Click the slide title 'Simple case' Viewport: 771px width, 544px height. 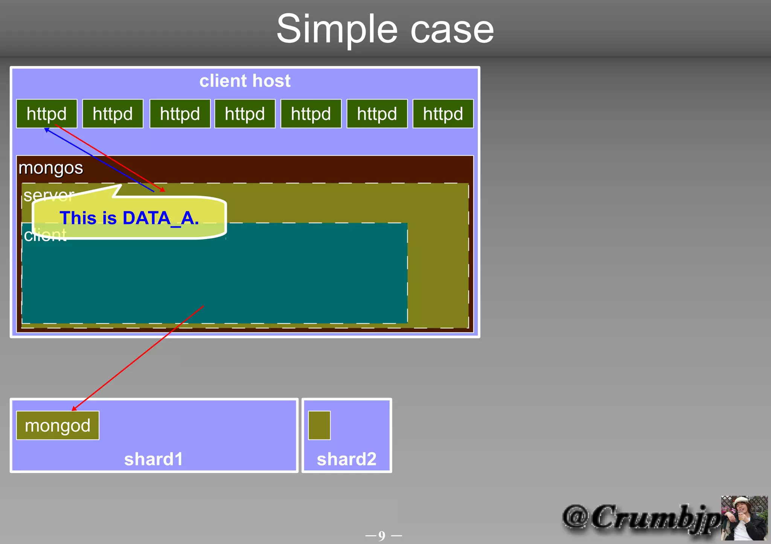(x=385, y=29)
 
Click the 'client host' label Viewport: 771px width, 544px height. (x=245, y=81)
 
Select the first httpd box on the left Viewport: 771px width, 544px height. (x=47, y=114)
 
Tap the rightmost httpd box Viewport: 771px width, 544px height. (x=443, y=114)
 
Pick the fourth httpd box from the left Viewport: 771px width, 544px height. (x=245, y=114)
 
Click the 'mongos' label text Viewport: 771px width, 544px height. (x=51, y=168)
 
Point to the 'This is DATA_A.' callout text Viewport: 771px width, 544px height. (x=129, y=218)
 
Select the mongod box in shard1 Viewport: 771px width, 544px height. (x=58, y=426)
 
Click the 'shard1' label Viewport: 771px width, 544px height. (x=154, y=459)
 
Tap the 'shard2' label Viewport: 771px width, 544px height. (x=346, y=459)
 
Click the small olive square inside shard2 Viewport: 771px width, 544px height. (x=319, y=425)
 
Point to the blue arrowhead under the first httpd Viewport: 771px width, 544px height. (x=46, y=130)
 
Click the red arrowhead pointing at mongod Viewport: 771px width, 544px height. (x=74, y=409)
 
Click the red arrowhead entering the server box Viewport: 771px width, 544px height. (x=163, y=190)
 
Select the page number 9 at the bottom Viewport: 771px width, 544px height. (x=382, y=535)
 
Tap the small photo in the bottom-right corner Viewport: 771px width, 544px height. (x=744, y=518)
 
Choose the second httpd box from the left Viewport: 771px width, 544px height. (x=113, y=114)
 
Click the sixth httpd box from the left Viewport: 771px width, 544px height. (x=377, y=114)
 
